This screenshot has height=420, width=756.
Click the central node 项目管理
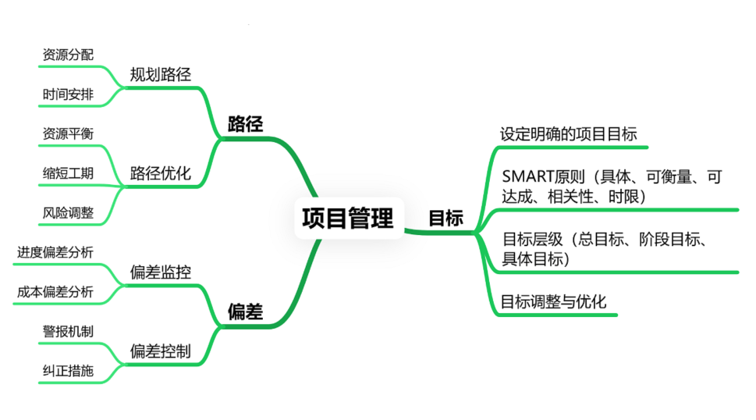(347, 218)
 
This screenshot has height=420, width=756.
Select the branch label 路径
(245, 124)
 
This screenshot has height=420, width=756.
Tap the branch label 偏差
(245, 312)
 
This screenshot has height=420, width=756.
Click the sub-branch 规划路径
(160, 74)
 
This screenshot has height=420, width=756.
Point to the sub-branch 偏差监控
(160, 272)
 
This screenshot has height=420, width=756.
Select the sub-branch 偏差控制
(160, 351)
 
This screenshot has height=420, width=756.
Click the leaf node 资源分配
(68, 55)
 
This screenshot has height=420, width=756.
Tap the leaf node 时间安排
(68, 94)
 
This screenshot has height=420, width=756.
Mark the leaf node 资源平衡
(68, 133)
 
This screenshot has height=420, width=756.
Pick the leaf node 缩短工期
(68, 173)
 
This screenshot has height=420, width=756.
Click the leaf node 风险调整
(68, 212)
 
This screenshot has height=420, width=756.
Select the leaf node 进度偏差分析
(55, 252)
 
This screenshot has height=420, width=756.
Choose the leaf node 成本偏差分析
(55, 292)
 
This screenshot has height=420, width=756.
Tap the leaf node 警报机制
(68, 331)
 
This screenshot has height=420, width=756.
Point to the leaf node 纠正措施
(68, 371)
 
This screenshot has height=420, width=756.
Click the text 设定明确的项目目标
(568, 133)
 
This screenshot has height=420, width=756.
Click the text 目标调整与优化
(553, 301)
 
